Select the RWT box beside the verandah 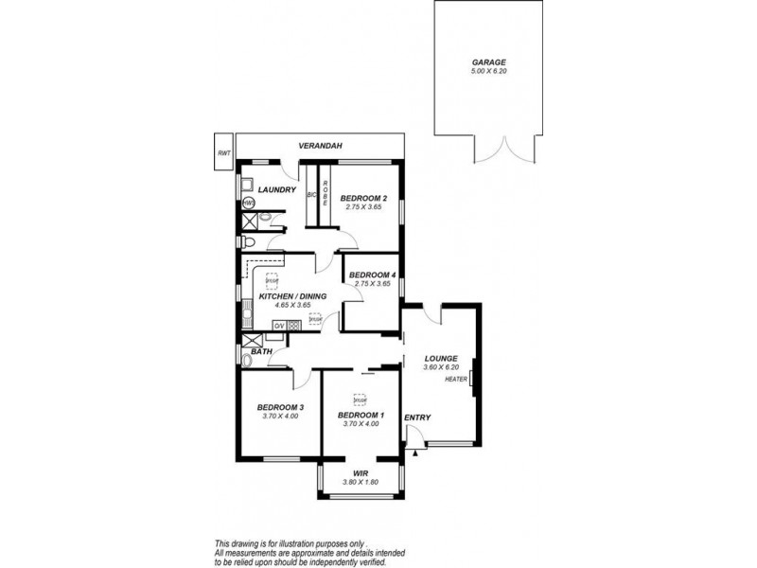coord(223,152)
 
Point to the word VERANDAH coord(319,146)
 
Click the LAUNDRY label coord(278,189)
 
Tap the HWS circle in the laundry coord(249,203)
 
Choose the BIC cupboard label coord(310,193)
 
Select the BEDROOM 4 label coord(371,275)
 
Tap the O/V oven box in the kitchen coord(279,327)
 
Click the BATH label coord(262,351)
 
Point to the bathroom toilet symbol coord(248,359)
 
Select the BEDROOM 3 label coord(280,407)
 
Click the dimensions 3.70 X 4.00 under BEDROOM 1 coord(360,423)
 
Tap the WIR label coord(360,472)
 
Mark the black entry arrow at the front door coord(414,453)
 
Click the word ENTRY coord(416,417)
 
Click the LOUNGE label coord(441,358)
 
